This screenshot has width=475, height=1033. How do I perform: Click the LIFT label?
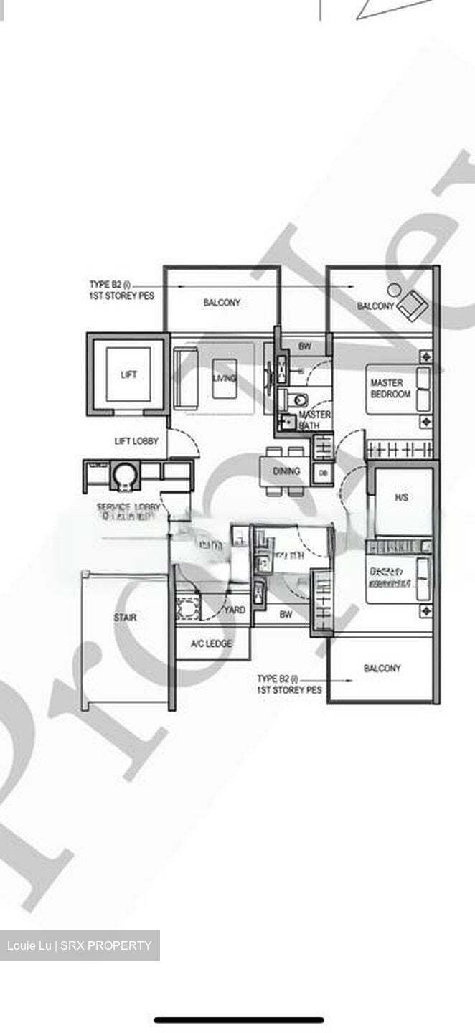(129, 374)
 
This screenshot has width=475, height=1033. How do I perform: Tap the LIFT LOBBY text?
(136, 441)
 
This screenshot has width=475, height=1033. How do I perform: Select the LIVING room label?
(225, 378)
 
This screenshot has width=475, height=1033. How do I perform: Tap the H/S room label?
(401, 497)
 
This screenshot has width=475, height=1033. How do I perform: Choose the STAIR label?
(125, 618)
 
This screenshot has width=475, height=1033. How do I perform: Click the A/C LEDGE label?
(211, 644)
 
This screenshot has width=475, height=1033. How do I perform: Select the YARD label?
(235, 610)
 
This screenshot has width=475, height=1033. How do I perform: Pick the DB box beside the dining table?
(323, 473)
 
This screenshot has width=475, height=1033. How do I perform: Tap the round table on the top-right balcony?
(394, 290)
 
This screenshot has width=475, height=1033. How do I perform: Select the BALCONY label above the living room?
(222, 303)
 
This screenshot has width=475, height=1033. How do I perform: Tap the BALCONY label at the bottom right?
(382, 669)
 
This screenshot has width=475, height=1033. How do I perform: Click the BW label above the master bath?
(305, 346)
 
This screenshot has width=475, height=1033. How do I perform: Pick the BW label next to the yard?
(286, 615)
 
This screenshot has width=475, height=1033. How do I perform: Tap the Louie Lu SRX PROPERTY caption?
(80, 945)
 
